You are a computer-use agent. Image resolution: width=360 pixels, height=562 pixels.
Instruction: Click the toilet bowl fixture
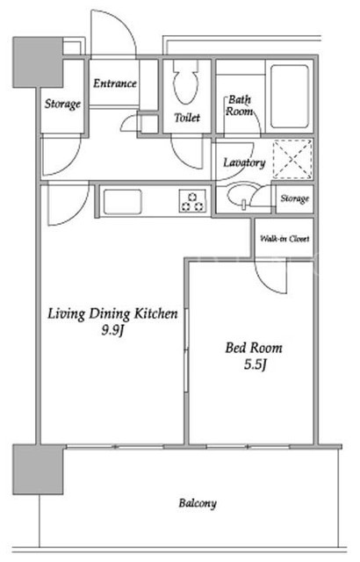185,84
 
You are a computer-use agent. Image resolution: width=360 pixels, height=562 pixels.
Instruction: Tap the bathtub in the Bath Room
290,96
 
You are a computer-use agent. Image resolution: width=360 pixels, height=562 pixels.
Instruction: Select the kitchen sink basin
122,202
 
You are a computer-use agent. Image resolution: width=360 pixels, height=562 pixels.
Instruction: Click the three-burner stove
192,201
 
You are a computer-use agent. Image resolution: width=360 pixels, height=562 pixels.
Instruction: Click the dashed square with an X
292,159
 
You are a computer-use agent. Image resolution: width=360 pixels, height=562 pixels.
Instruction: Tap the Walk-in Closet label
284,238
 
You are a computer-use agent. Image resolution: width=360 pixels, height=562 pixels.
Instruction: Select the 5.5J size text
255,365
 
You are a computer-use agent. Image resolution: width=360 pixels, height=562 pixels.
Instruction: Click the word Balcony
198,503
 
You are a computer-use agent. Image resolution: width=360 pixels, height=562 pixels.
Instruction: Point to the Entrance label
115,83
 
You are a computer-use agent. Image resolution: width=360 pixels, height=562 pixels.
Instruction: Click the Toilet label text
187,117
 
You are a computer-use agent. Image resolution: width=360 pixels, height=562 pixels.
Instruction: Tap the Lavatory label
244,163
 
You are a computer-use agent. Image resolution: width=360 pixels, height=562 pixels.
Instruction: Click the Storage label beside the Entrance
62,104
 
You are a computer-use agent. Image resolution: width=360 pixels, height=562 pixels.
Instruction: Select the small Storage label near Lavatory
294,198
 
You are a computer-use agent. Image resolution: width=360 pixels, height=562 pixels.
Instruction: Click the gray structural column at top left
38,62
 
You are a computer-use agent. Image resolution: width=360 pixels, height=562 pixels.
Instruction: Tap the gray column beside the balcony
38,470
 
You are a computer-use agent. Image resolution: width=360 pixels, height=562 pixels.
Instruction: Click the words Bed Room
254,348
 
